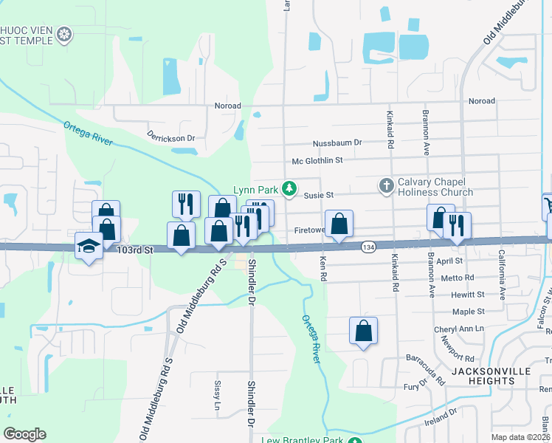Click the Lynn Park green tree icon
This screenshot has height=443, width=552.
[x=290, y=190]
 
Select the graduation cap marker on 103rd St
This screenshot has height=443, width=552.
[x=89, y=246]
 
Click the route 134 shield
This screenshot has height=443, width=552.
[x=368, y=246]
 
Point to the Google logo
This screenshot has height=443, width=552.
[x=24, y=434]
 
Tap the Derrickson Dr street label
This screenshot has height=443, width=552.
[x=170, y=137]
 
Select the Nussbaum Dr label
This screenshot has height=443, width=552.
[x=337, y=142]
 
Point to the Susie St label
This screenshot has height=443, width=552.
[x=319, y=195]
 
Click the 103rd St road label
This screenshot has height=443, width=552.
[x=134, y=250]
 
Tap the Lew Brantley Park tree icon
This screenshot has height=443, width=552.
[x=355, y=441]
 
